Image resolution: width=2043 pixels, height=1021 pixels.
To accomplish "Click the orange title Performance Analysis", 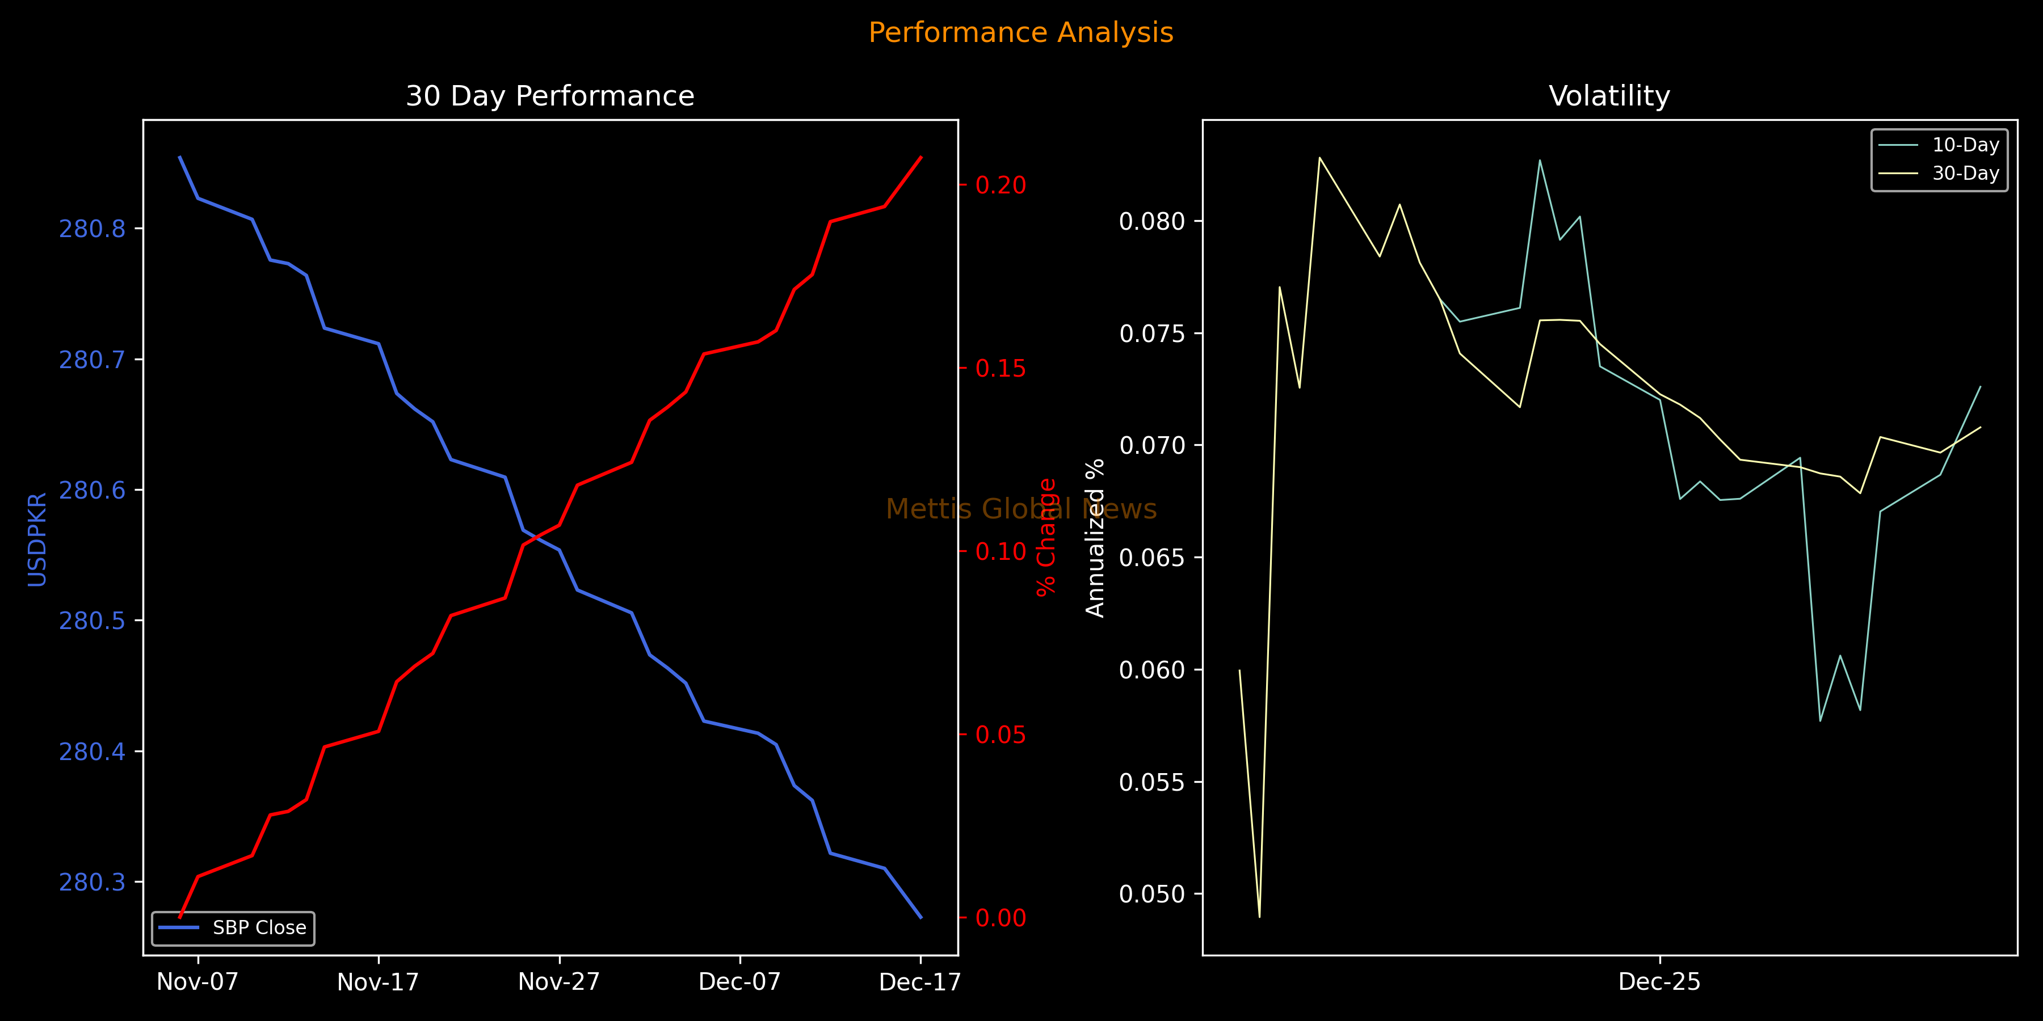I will click(1021, 32).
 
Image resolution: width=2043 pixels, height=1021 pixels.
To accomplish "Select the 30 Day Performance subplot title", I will click(549, 96).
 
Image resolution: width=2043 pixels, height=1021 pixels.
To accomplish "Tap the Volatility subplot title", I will click(1609, 96).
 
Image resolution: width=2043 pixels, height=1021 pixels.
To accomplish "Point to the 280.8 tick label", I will click(92, 229).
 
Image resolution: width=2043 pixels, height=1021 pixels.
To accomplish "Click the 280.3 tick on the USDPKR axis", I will click(92, 882).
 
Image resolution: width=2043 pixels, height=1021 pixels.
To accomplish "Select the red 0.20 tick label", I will click(1000, 185).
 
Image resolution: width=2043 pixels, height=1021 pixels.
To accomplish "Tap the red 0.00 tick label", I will click(1000, 918).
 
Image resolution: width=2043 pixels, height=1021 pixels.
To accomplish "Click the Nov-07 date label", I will click(197, 982).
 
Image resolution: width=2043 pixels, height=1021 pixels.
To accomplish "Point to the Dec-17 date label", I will click(920, 982).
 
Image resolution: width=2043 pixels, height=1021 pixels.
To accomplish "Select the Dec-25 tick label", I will click(1659, 982).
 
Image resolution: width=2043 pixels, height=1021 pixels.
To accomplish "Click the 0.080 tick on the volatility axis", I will click(1151, 221).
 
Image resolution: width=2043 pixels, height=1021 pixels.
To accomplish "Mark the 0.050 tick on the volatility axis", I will click(1151, 894).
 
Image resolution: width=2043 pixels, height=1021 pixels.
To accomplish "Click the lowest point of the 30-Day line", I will click(1259, 917).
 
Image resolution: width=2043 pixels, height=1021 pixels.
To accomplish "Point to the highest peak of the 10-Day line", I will click(1540, 160).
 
